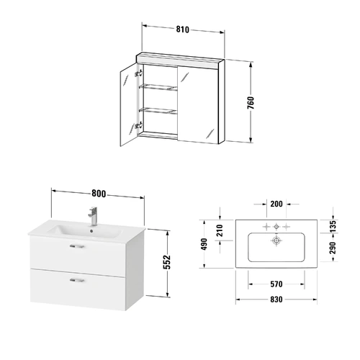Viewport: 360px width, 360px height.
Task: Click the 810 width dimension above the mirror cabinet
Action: click(x=183, y=30)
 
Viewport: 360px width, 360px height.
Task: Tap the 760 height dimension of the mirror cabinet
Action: click(x=251, y=103)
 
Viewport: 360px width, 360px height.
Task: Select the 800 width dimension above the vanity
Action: click(x=99, y=194)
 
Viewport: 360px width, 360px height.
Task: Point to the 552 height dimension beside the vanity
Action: click(x=168, y=262)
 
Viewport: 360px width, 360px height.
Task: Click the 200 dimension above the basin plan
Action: click(x=276, y=204)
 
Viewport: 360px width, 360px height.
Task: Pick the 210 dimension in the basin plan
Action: click(x=220, y=230)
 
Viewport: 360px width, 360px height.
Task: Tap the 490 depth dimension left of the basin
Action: click(x=204, y=244)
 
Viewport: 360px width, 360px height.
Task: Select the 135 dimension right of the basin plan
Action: click(x=333, y=227)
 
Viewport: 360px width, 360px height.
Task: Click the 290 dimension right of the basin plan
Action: click(x=333, y=248)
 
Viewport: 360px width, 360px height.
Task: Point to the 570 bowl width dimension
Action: click(x=276, y=284)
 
